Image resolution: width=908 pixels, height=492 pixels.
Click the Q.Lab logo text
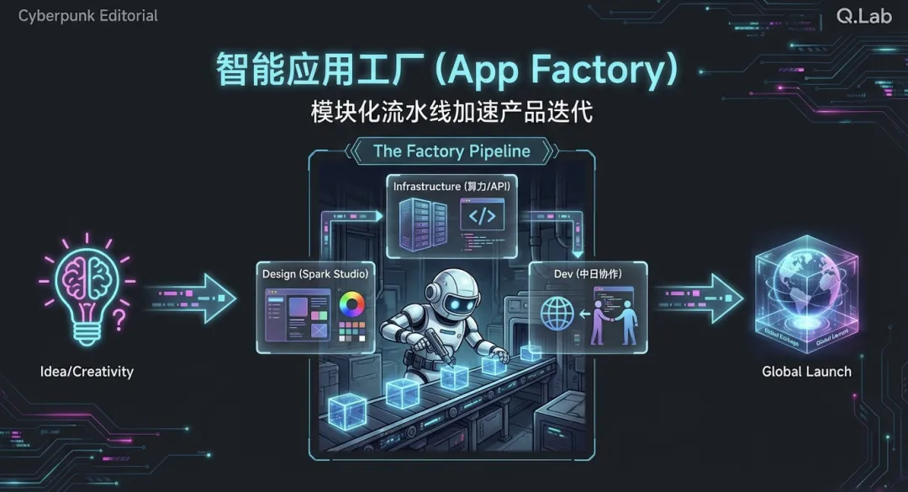point(864,16)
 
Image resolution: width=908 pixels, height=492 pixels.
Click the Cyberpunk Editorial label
point(88,16)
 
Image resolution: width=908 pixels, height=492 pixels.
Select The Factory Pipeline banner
point(451,151)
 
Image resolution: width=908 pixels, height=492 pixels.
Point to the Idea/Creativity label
point(87,371)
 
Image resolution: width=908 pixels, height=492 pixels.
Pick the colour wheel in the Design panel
point(351,303)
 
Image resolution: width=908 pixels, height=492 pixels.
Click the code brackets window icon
point(482,216)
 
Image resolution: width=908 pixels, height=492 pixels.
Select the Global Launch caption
point(806,371)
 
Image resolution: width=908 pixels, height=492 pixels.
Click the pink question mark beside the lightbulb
point(119,319)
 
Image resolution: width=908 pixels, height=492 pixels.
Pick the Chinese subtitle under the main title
point(451,113)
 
